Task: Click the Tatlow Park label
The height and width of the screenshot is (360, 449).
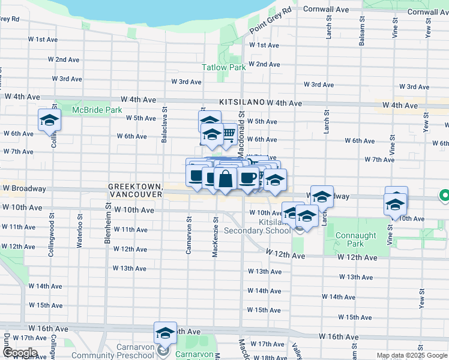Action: tap(223, 68)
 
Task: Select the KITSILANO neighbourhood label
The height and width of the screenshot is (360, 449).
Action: tap(242, 103)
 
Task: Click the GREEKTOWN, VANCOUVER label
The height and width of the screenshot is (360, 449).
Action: tap(135, 191)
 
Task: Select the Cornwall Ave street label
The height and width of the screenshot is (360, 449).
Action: tap(326, 10)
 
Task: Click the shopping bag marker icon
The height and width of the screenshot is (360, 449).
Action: tap(224, 179)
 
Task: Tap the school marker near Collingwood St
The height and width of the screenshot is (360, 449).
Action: tap(49, 120)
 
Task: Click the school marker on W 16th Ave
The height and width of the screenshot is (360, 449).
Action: tap(165, 332)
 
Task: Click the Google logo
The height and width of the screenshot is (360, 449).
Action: tap(19, 353)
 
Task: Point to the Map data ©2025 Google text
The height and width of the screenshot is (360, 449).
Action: tap(412, 356)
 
